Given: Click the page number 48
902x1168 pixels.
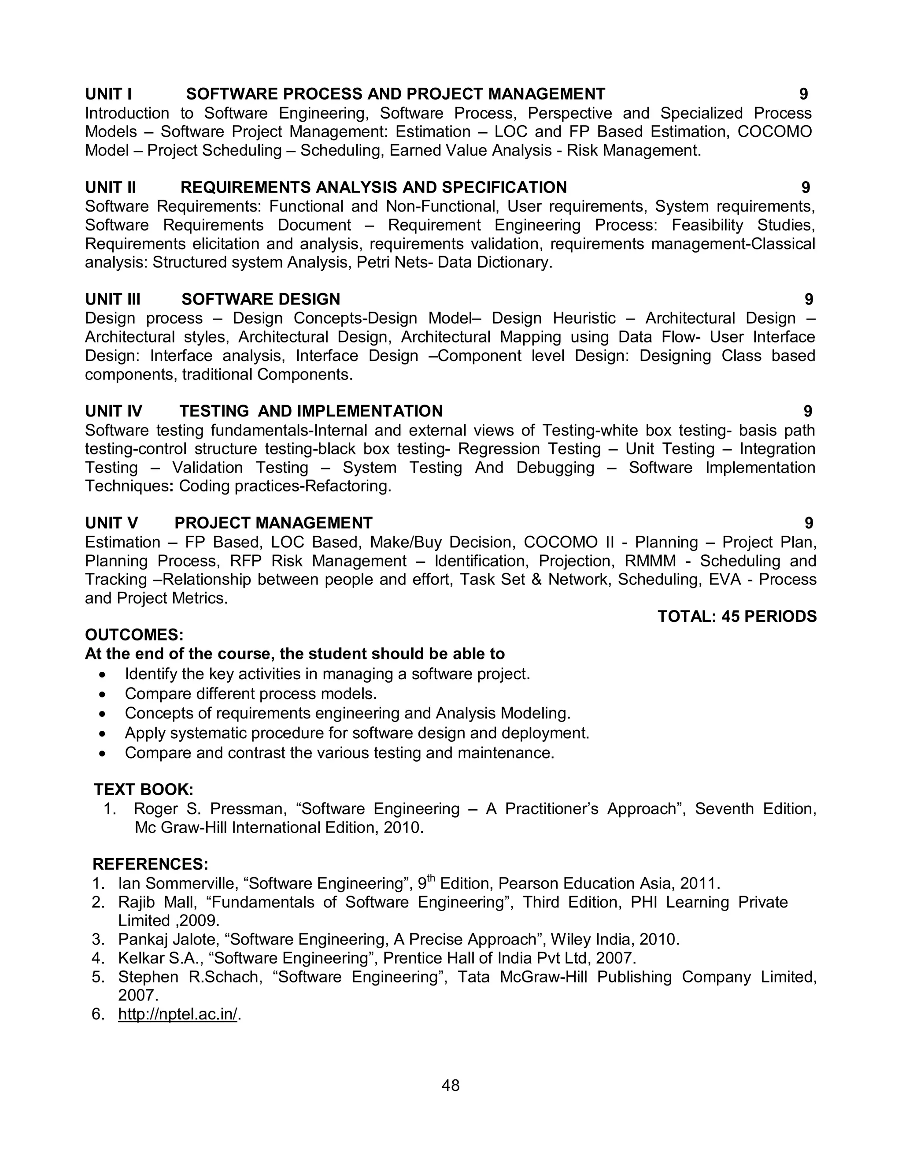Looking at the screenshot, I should [451, 1085].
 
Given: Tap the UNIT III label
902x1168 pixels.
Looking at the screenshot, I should [113, 299].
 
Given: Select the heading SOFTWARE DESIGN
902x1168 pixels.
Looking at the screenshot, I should [261, 299].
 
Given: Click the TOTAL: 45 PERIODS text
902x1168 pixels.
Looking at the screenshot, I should [737, 617].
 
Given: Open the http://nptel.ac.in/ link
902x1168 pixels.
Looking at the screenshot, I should [177, 1014].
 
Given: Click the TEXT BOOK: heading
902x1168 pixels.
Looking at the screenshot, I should [144, 789].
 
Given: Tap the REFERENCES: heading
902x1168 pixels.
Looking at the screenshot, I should [150, 864].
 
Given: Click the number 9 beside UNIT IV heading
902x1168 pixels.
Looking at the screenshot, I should [807, 411].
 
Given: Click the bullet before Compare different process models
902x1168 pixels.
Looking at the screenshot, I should [103, 695].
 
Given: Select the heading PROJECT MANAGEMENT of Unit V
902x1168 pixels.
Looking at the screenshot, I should [273, 523].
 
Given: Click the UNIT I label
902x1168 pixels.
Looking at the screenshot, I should [108, 94].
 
